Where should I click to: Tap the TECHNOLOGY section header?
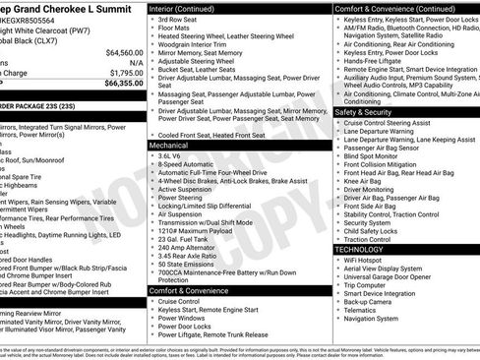(x=359, y=250)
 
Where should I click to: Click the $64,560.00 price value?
(x=124, y=52)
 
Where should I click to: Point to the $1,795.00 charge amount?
(x=126, y=73)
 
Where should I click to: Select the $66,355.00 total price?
(x=124, y=84)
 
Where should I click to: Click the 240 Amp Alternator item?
(x=188, y=248)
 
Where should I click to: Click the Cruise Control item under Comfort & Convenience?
(x=181, y=301)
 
